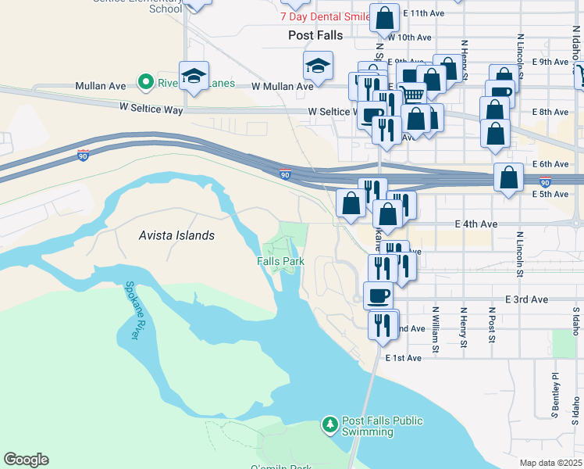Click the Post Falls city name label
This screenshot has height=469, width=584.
[312, 36]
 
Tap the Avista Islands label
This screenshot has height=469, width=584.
[176, 234]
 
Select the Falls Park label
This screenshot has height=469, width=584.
[280, 261]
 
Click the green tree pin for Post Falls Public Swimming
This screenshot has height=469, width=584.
[330, 425]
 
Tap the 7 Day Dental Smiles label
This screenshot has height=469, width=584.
[326, 16]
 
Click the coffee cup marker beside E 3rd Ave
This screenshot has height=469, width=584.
[379, 295]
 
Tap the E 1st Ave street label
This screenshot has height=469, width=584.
[403, 358]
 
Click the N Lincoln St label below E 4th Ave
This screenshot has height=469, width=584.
[519, 254]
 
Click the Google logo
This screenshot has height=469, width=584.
[26, 460]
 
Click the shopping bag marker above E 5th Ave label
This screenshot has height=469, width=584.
[509, 177]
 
